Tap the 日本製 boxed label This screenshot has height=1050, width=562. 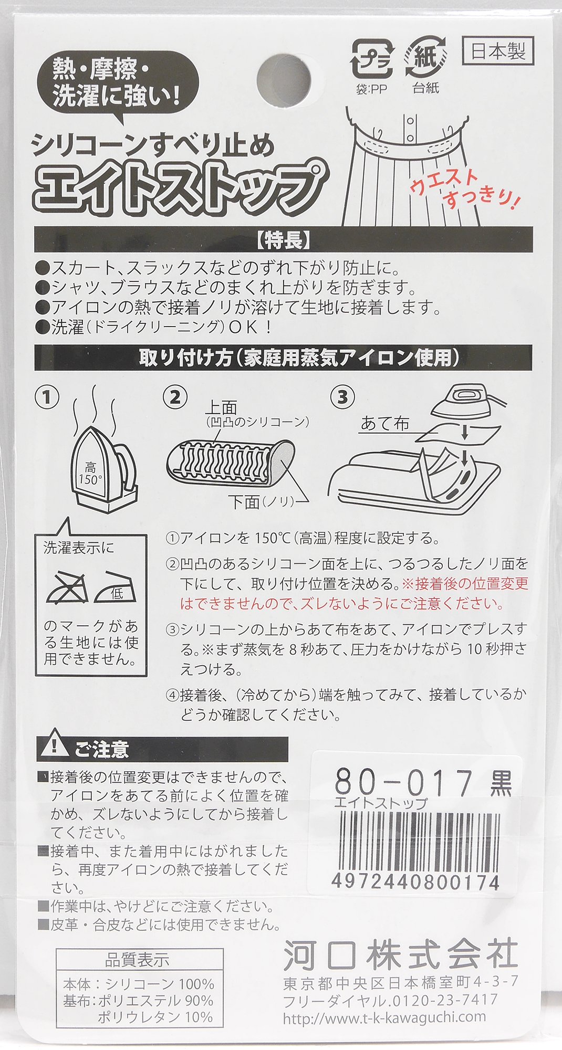[x=498, y=50]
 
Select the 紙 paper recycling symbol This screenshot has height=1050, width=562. [x=426, y=58]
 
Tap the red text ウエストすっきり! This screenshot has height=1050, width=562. [x=466, y=187]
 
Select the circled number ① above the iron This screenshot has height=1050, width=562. [x=47, y=397]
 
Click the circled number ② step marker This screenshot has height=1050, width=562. [x=175, y=397]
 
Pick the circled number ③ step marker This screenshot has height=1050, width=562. [x=342, y=397]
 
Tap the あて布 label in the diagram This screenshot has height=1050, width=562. [x=385, y=423]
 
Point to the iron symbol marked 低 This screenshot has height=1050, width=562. [x=115, y=586]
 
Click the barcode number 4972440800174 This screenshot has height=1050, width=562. [x=415, y=882]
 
